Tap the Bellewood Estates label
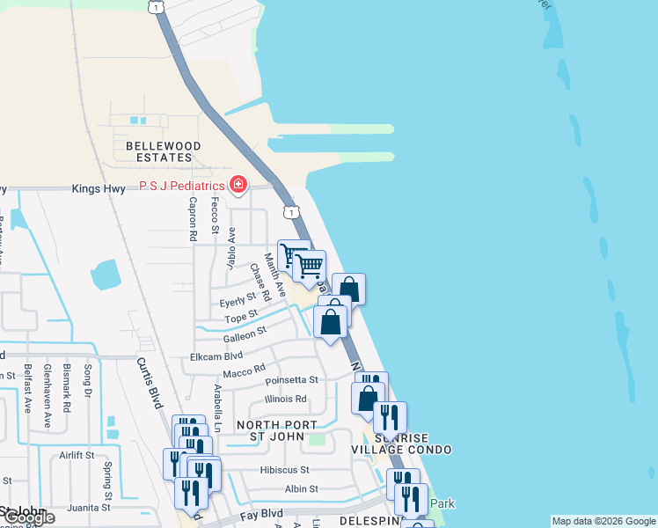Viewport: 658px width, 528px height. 164,151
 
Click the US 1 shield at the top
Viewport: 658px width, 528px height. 155,7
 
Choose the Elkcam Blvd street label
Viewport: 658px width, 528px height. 216,357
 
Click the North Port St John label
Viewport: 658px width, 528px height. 277,431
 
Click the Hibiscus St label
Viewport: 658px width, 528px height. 285,470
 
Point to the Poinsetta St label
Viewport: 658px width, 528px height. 291,381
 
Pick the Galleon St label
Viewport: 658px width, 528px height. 245,334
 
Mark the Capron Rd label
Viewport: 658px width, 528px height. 191,218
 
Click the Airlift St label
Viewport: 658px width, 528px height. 77,455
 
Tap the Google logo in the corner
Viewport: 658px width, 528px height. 28,517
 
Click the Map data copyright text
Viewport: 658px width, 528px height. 603,521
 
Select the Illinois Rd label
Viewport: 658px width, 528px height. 286,399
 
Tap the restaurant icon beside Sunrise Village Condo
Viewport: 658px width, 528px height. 390,417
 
